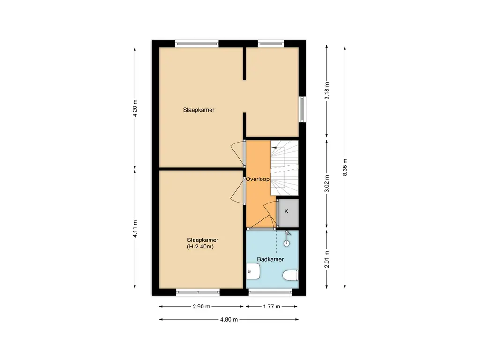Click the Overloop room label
(257, 179)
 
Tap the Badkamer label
(270, 259)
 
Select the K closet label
(286, 211)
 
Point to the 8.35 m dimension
(345, 167)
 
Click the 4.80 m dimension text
(229, 320)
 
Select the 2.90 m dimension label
(202, 307)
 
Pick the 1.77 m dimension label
(271, 307)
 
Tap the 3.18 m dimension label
(327, 91)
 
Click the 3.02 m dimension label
(327, 184)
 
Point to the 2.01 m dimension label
(327, 259)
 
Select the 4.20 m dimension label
(135, 108)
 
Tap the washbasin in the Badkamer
(253, 271)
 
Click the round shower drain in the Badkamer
(286, 244)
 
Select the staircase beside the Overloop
(285, 168)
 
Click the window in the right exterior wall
(302, 109)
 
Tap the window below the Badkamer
(270, 292)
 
